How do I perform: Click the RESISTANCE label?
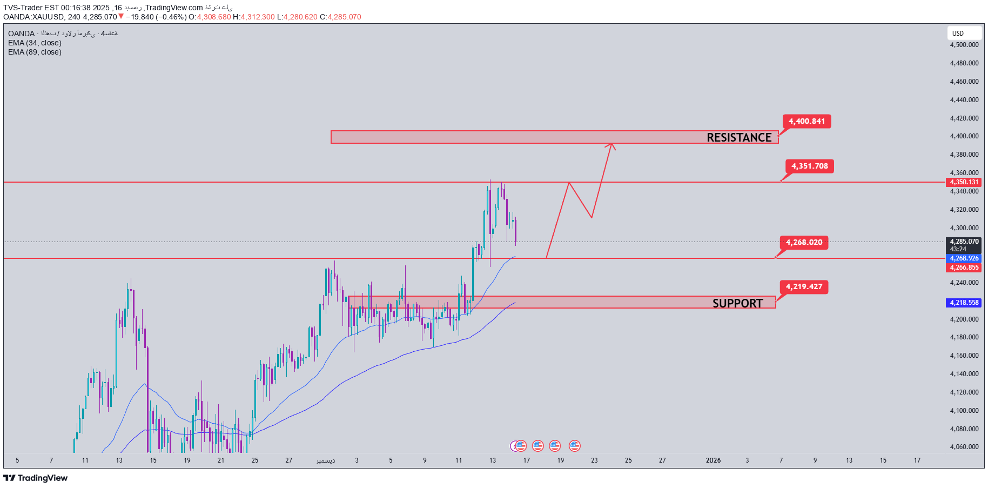point(738,137)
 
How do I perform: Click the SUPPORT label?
point(737,303)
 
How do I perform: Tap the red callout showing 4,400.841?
point(806,121)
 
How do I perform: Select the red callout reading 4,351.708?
point(809,166)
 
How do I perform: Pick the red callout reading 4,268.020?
point(804,242)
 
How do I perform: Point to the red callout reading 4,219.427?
point(804,286)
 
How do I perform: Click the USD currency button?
point(958,33)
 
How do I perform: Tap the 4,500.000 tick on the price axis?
point(964,45)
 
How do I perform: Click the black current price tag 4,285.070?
point(964,242)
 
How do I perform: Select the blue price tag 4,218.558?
point(964,303)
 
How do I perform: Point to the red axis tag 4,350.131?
point(964,182)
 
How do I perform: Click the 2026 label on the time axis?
point(713,460)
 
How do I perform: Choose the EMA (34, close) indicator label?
point(35,43)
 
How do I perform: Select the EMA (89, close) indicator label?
point(35,52)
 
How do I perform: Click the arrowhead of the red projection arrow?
point(611,144)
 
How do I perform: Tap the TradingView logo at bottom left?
point(36,478)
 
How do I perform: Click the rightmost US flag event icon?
point(574,446)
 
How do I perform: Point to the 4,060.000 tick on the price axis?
point(964,447)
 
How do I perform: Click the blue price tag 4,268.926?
point(964,258)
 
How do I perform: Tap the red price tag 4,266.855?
point(964,268)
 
